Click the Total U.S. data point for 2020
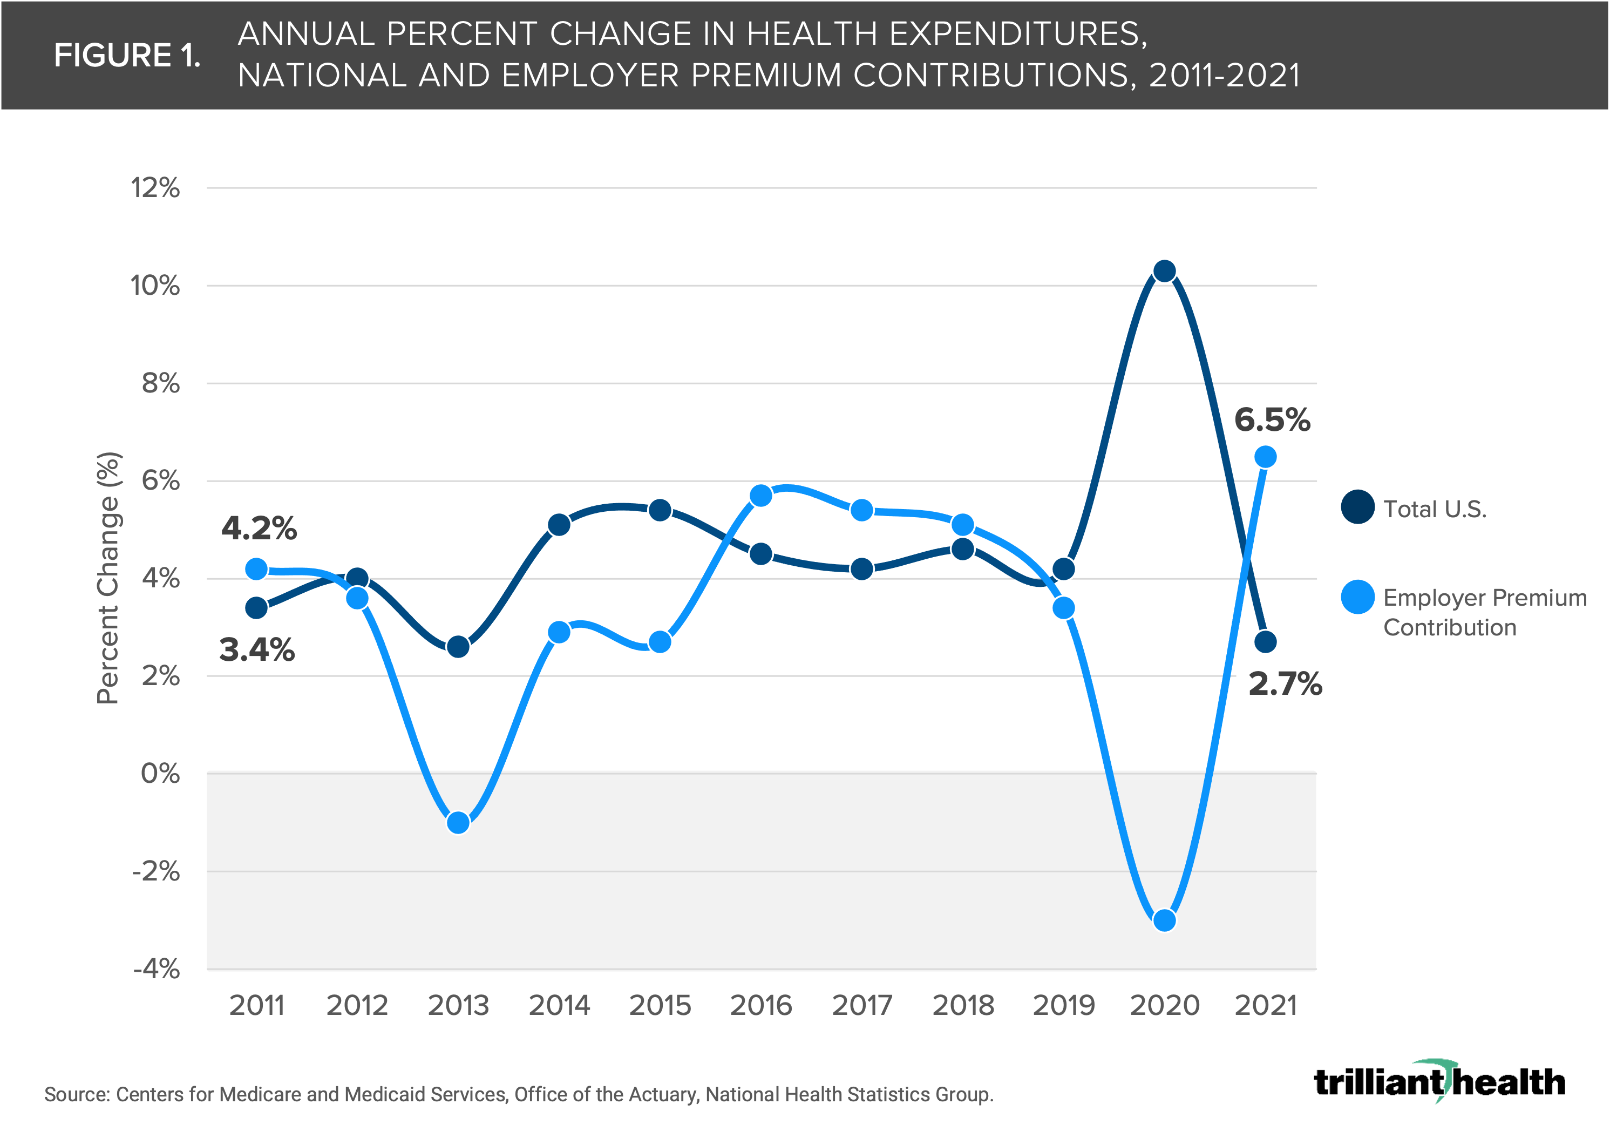pyautogui.click(x=1165, y=272)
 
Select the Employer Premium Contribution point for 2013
pyautogui.click(x=459, y=823)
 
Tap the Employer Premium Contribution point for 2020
pyautogui.click(x=1165, y=920)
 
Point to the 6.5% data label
pyautogui.click(x=1272, y=420)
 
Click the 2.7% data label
pyautogui.click(x=1285, y=683)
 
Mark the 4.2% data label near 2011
pyautogui.click(x=259, y=528)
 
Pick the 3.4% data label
pyautogui.click(x=257, y=649)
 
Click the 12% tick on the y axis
pyautogui.click(x=155, y=188)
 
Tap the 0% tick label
pyautogui.click(x=161, y=774)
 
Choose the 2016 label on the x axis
pyautogui.click(x=761, y=1006)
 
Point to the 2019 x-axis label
pyautogui.click(x=1064, y=1006)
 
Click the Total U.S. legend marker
pyautogui.click(x=1357, y=507)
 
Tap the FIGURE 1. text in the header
pyautogui.click(x=127, y=56)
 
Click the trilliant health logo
pyautogui.click(x=1439, y=1082)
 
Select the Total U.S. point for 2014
pyautogui.click(x=559, y=525)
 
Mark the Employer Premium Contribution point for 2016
pyautogui.click(x=761, y=496)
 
